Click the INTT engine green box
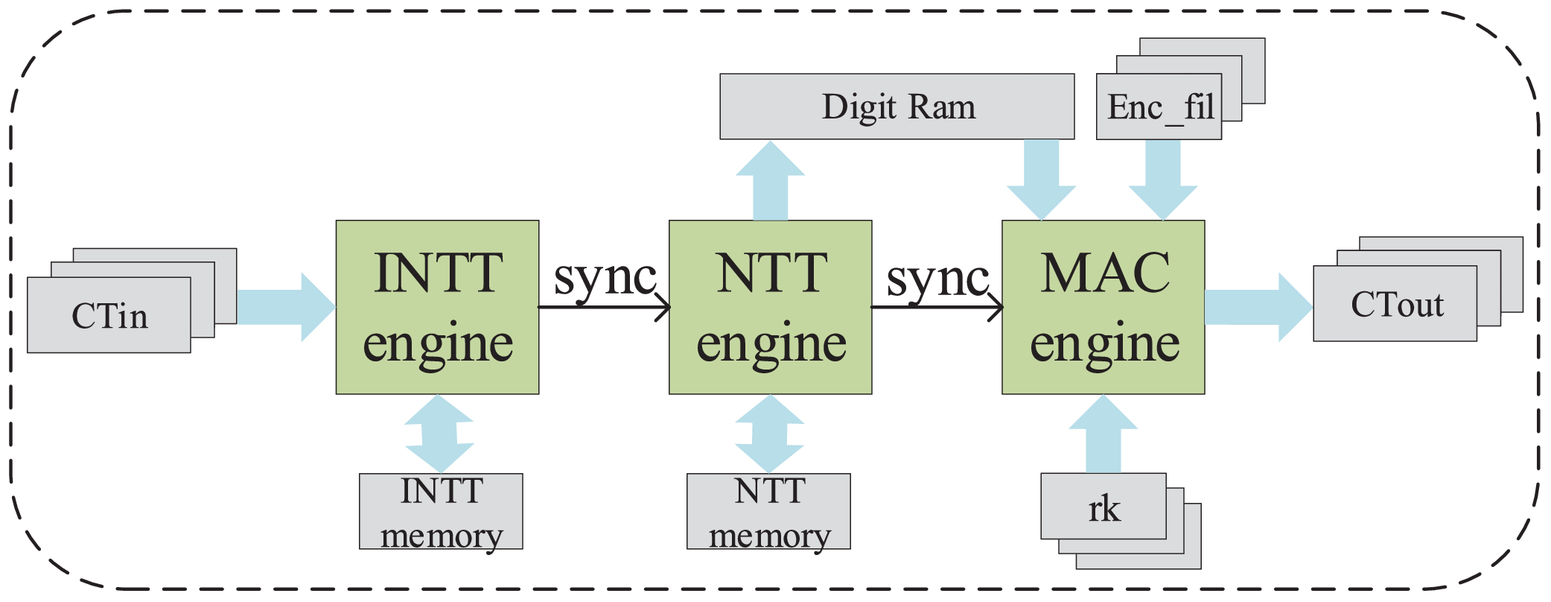[437, 307]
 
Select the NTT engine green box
[770, 307]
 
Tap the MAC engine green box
[1103, 307]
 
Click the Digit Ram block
[896, 107]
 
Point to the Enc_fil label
[1159, 107]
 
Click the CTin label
[109, 316]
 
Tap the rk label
[1103, 509]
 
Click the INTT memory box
[441, 512]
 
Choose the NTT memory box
[768, 512]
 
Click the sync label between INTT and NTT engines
[604, 278]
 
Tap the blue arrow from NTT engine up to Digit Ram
[770, 183]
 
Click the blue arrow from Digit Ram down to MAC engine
[1041, 179]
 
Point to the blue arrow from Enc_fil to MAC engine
[1162, 179]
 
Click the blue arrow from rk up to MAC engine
[1103, 436]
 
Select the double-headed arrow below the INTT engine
[439, 434]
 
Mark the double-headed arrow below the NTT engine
[769, 434]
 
